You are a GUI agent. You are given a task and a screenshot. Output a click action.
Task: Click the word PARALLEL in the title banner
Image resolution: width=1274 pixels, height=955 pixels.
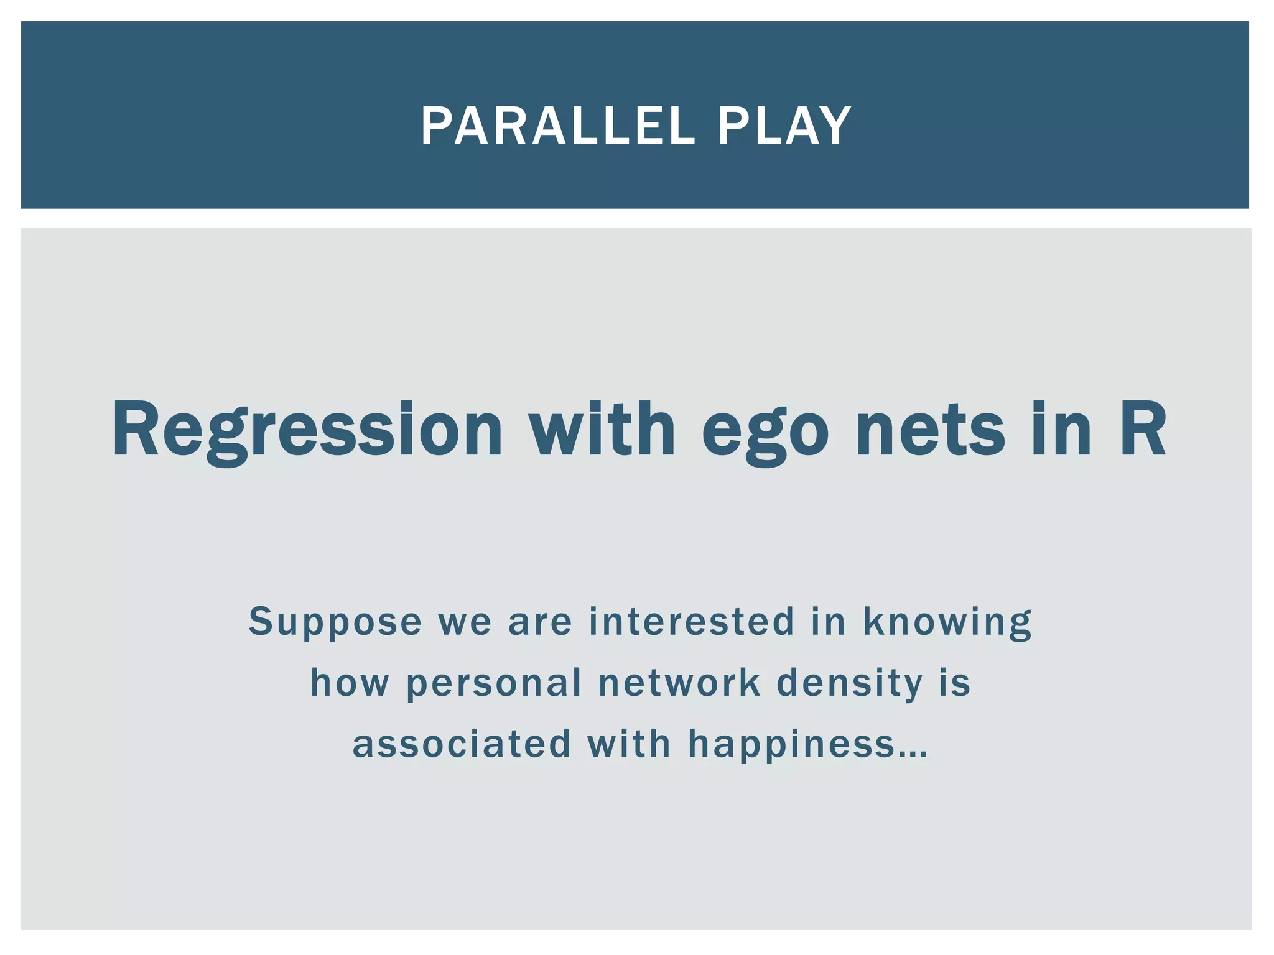(x=557, y=126)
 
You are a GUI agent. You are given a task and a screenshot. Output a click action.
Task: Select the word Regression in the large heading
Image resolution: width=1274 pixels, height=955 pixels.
(x=307, y=430)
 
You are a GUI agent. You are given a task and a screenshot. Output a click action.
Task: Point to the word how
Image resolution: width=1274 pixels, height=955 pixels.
(x=350, y=683)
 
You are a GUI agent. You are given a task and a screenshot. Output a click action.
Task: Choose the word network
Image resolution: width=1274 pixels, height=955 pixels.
(x=679, y=683)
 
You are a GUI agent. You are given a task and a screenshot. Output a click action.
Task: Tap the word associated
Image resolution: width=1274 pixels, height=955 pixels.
(x=462, y=744)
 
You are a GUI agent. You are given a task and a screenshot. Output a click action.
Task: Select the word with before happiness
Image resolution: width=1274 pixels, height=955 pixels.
(x=629, y=744)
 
